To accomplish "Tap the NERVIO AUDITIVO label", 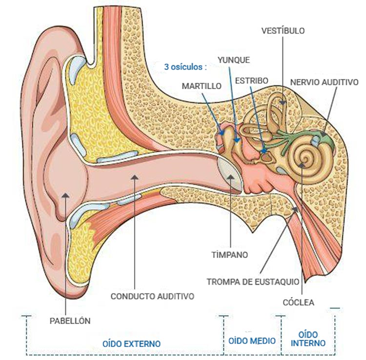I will tap(324, 82).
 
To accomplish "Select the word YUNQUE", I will tap(233, 60).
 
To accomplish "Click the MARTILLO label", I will tap(202, 85).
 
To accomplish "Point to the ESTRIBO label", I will tap(252, 80).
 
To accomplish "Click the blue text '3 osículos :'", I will tap(185, 67).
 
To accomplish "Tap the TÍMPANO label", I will tap(230, 255).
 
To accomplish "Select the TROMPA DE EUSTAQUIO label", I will tap(253, 281).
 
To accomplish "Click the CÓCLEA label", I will tap(299, 302).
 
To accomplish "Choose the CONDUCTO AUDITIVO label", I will tap(152, 296).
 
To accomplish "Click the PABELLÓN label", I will tap(70, 321).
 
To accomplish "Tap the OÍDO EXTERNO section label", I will tap(131, 343).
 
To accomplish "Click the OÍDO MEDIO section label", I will tap(252, 341).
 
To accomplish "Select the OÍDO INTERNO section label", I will tap(308, 339).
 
